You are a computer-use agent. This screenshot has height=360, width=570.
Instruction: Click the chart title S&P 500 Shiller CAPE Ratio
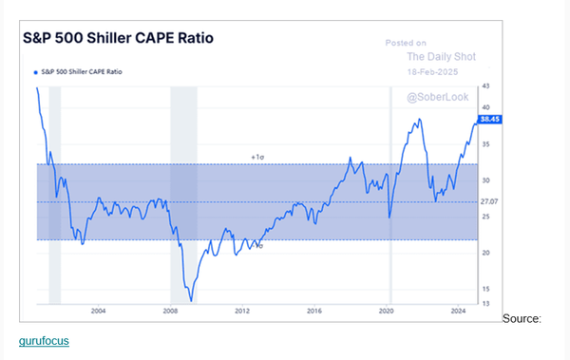click(x=119, y=39)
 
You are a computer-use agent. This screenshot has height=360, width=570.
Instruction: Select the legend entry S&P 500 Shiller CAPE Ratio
click(x=85, y=71)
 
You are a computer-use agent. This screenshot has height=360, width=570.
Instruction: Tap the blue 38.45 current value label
click(x=490, y=120)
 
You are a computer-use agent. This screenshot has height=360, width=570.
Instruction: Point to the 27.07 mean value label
click(x=489, y=201)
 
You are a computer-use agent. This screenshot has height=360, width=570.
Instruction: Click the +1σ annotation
click(x=257, y=157)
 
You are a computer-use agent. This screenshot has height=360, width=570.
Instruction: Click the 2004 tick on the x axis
click(x=98, y=311)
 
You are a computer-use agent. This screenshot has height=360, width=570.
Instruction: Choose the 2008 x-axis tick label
click(x=170, y=311)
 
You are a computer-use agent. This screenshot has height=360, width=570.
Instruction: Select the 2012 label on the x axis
click(x=242, y=311)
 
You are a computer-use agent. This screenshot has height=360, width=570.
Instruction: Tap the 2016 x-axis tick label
click(x=314, y=311)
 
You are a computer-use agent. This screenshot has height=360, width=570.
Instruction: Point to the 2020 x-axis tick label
click(x=387, y=311)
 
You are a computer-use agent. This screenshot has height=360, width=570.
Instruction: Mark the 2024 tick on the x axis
click(x=458, y=311)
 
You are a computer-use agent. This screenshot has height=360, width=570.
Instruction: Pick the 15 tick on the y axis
click(x=485, y=289)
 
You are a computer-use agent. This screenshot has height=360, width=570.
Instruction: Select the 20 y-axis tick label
click(x=485, y=253)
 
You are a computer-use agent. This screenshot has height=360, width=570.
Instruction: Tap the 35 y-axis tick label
click(x=485, y=144)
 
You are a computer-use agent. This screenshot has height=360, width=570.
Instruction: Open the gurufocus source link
click(x=44, y=340)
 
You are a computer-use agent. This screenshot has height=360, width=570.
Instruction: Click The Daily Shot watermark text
click(x=441, y=56)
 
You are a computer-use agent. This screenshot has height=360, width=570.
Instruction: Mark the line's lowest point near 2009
click(x=192, y=300)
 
